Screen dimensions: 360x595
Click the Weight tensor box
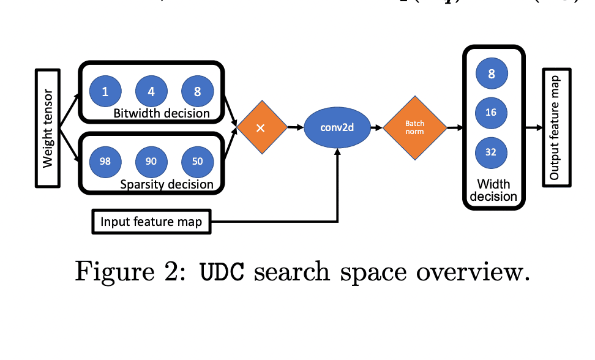(x=48, y=128)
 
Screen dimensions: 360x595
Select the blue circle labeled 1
(x=105, y=92)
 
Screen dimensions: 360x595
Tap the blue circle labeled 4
(x=151, y=92)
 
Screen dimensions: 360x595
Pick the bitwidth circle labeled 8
(x=197, y=92)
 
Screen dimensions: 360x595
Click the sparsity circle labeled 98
(x=105, y=161)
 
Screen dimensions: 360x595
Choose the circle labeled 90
(x=151, y=161)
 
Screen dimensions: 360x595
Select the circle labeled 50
(x=197, y=161)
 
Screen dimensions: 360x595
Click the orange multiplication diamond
(x=261, y=128)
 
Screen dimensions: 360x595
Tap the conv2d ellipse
(x=337, y=128)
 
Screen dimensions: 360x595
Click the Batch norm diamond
(x=414, y=127)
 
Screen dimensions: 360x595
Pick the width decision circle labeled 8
(x=491, y=74)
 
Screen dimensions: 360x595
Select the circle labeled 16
(x=491, y=113)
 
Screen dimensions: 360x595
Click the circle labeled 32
(x=491, y=152)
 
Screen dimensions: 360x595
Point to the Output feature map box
(x=555, y=128)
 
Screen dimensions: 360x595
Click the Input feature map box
(x=151, y=222)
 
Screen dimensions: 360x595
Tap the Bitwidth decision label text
(x=162, y=113)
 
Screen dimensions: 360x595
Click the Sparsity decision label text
(x=167, y=184)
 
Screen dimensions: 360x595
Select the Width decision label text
(x=493, y=190)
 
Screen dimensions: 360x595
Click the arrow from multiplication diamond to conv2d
(x=296, y=128)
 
